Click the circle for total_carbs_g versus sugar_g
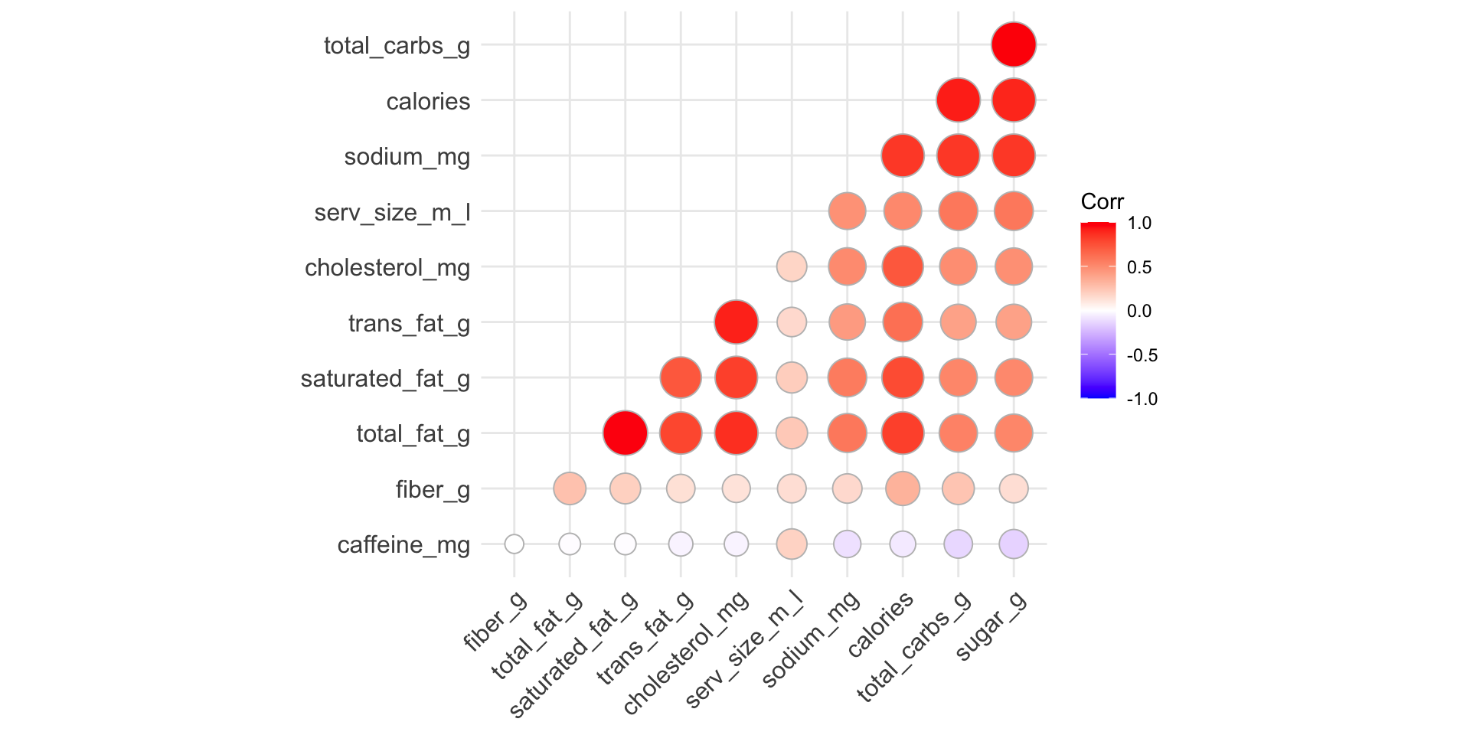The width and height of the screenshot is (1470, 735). click(x=1014, y=44)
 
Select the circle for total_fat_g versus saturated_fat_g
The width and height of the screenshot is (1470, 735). click(x=625, y=433)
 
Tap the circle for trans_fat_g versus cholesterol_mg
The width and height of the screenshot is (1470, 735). click(x=736, y=322)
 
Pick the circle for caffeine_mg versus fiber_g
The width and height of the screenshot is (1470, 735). click(x=514, y=544)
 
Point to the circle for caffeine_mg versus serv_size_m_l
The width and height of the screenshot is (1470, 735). click(x=792, y=544)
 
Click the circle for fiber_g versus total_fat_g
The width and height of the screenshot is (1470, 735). click(x=570, y=488)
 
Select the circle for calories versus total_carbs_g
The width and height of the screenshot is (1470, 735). click(x=958, y=100)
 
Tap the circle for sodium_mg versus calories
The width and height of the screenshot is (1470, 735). click(x=903, y=155)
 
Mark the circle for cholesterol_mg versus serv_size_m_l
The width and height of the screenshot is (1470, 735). click(x=792, y=266)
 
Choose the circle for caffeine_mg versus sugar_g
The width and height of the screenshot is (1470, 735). click(x=1014, y=544)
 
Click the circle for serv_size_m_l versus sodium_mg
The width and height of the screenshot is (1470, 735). click(x=847, y=211)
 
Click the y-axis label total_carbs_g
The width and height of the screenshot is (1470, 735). click(x=397, y=46)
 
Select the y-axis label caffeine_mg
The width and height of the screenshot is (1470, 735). click(x=403, y=545)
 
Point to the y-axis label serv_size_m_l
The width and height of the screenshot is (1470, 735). click(x=392, y=212)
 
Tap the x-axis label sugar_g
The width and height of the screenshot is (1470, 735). click(x=992, y=626)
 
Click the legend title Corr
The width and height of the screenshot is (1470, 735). click(x=1102, y=202)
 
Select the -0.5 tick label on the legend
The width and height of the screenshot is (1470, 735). click(x=1142, y=355)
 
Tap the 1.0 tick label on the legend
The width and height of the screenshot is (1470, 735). click(x=1139, y=224)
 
